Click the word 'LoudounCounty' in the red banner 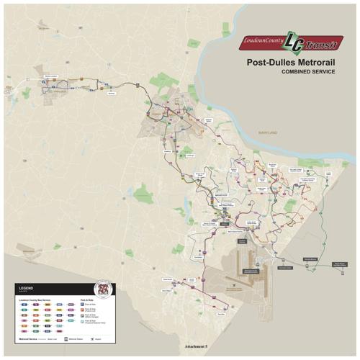coord(263,37)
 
